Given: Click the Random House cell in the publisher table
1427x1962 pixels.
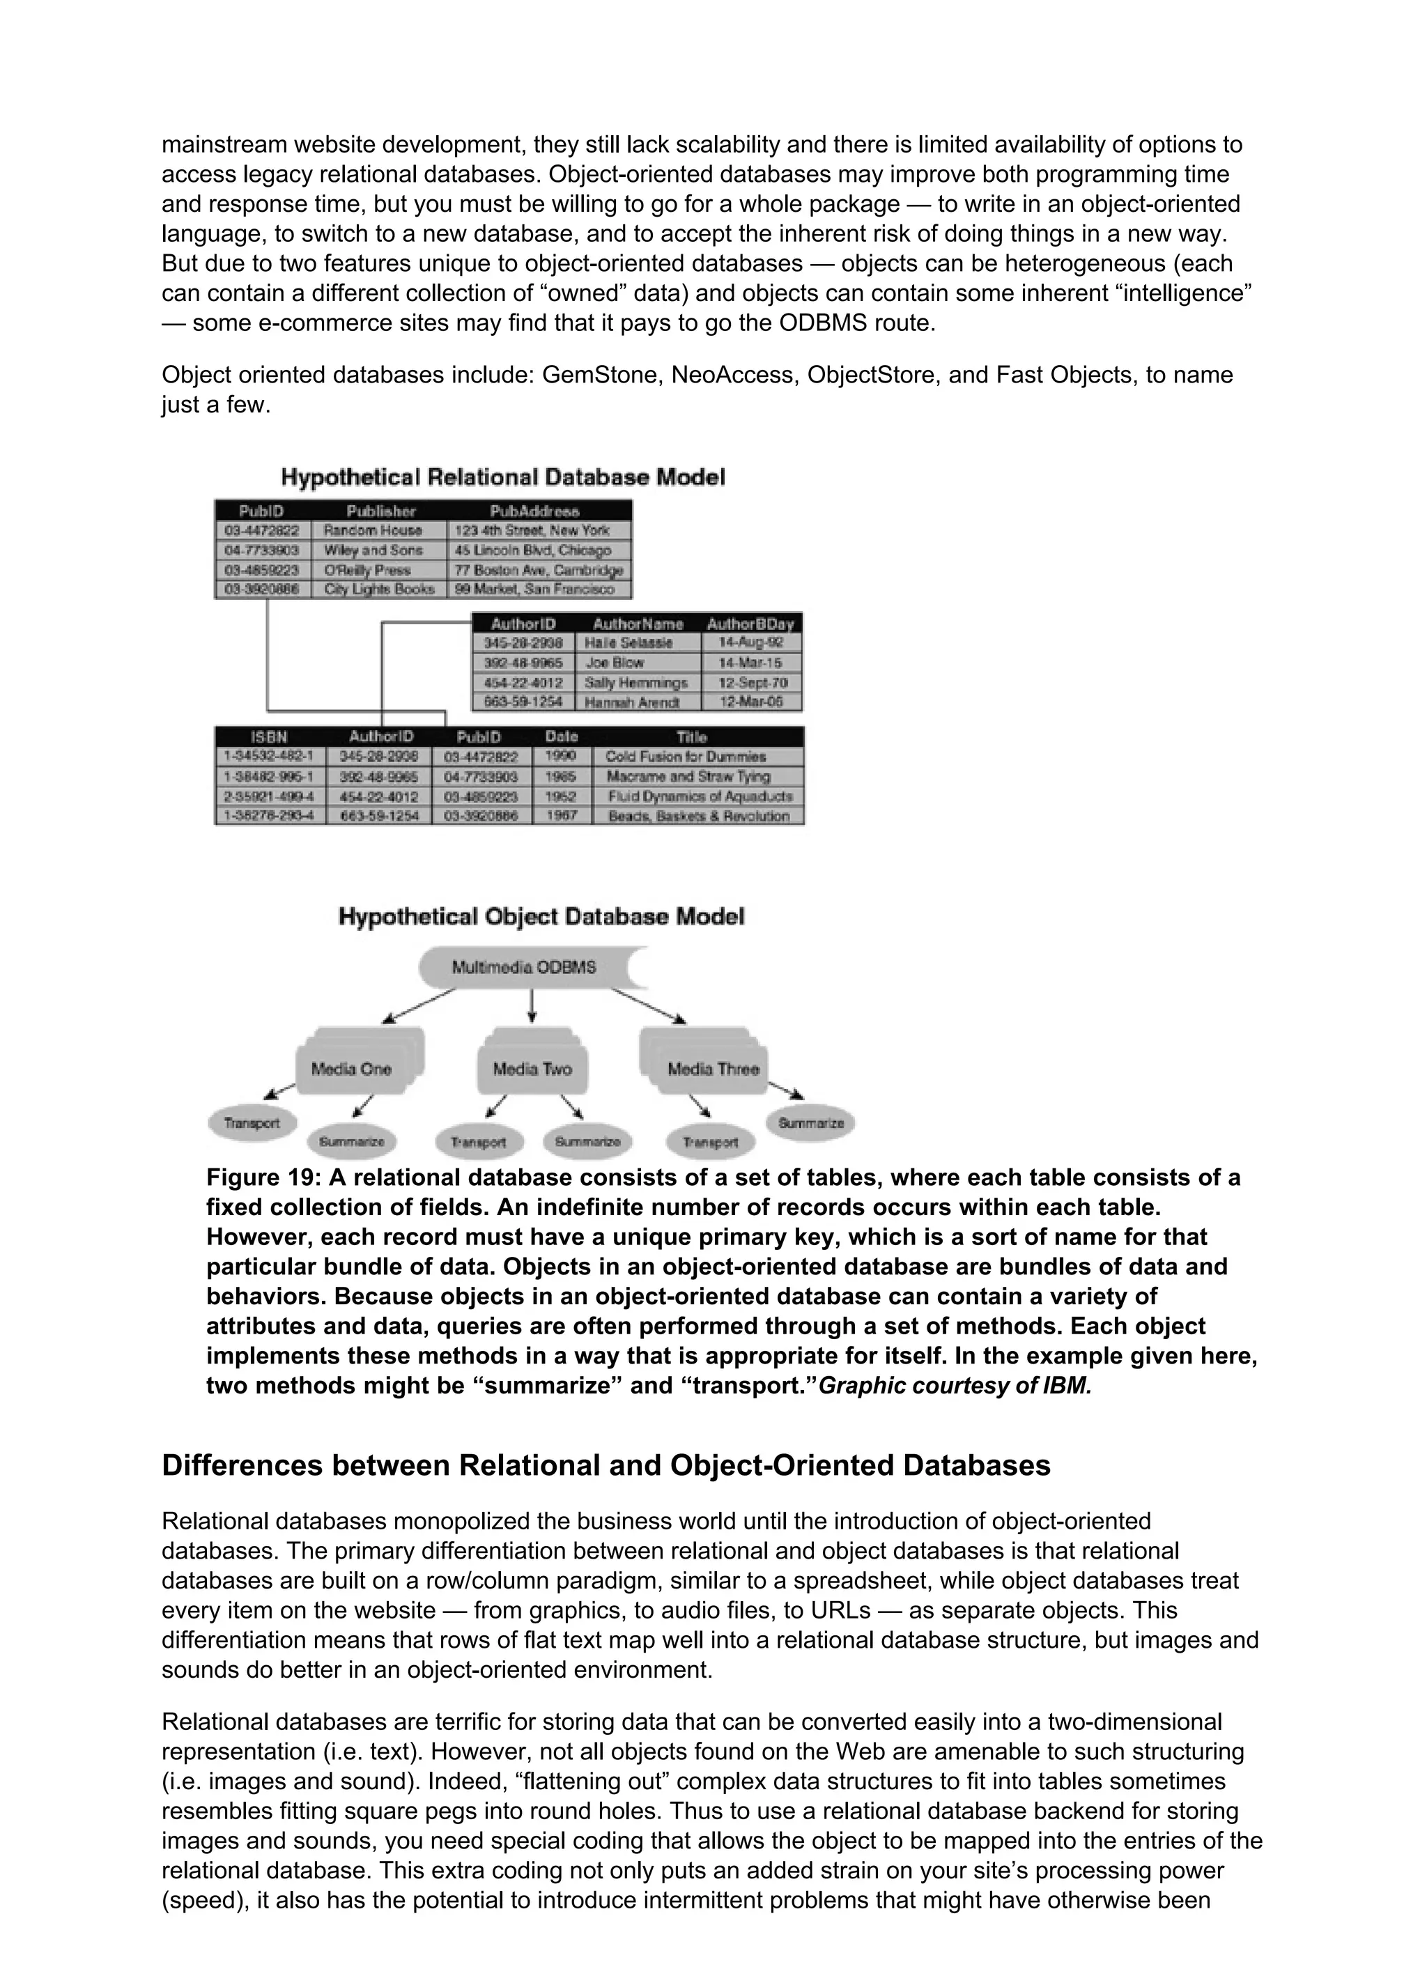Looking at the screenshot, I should [x=373, y=530].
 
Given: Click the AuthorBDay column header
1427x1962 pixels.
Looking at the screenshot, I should [x=750, y=624].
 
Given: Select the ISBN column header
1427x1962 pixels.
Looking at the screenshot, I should [x=268, y=737].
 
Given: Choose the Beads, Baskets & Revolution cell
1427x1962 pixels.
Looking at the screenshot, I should [x=697, y=816].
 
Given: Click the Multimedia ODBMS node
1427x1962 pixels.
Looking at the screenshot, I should [x=525, y=967].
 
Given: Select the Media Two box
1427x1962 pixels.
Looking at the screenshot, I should [x=532, y=1069].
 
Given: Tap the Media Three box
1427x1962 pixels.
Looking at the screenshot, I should [x=712, y=1069].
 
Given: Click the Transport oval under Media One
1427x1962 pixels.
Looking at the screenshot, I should [x=252, y=1123].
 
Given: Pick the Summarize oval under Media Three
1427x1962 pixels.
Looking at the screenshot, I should [x=811, y=1123].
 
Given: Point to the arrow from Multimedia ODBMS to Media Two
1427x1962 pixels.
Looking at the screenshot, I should [x=532, y=1006].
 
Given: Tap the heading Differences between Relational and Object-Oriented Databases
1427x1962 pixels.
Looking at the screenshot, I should [x=605, y=1465].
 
